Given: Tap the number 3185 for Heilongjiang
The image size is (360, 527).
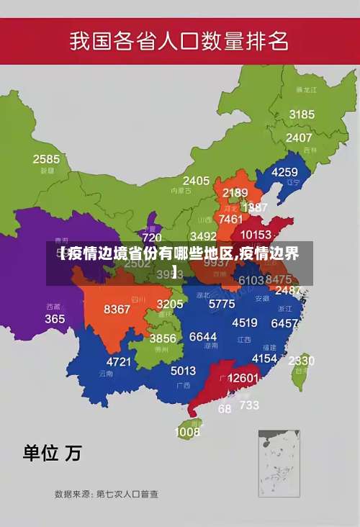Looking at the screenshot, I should point(302,114).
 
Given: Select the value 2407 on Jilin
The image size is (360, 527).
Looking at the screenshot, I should point(299,138).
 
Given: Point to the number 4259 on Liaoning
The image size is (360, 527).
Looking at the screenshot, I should point(284,172).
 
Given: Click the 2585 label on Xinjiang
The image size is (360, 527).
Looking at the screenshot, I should point(46,159).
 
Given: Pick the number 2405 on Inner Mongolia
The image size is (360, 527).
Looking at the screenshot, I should point(196,181).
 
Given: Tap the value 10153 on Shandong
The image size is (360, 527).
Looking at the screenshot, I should point(256,235).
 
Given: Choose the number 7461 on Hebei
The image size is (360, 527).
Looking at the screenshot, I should point(230,219).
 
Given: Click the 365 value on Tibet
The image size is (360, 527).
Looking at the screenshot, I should point(55,318).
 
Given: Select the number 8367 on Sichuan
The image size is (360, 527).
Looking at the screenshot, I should point(117,310).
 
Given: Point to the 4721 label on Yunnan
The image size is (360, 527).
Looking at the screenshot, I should point(119,361).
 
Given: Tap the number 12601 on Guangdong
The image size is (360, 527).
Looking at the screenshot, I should point(243,378).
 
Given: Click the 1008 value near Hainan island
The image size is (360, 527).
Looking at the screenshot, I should point(187,432).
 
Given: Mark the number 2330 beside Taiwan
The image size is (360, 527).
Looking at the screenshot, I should point(301,361).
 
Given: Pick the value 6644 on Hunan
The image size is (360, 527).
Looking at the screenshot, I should point(203,337).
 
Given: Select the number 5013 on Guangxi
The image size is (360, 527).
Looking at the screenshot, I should point(183,371).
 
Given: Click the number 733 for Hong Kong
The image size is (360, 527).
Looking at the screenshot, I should point(249,405).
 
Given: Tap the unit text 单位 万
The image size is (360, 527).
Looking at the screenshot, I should point(53,453).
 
